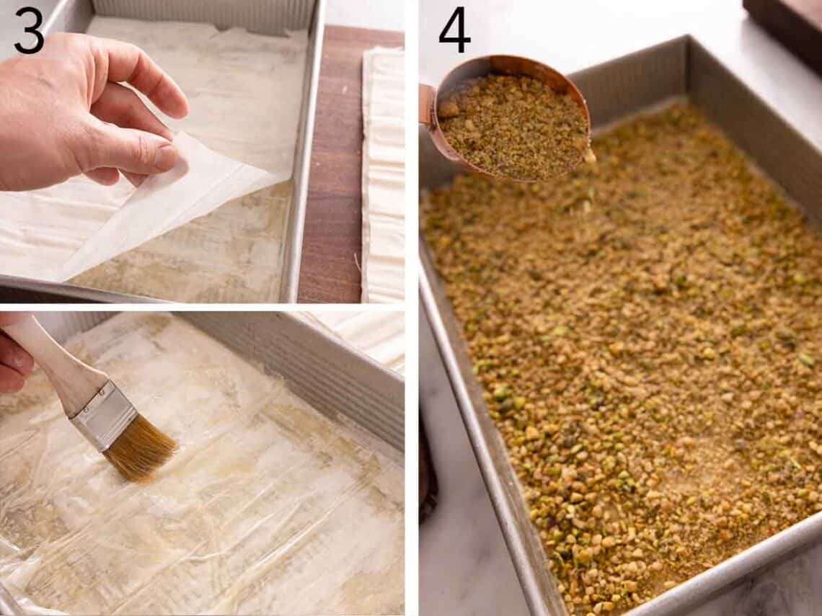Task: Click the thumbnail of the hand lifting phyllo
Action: coord(202,151)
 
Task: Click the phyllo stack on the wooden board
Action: coord(383,173)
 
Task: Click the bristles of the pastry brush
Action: coord(141,450)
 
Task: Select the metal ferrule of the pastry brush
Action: coord(105,416)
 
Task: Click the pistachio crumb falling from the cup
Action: coord(590,155)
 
